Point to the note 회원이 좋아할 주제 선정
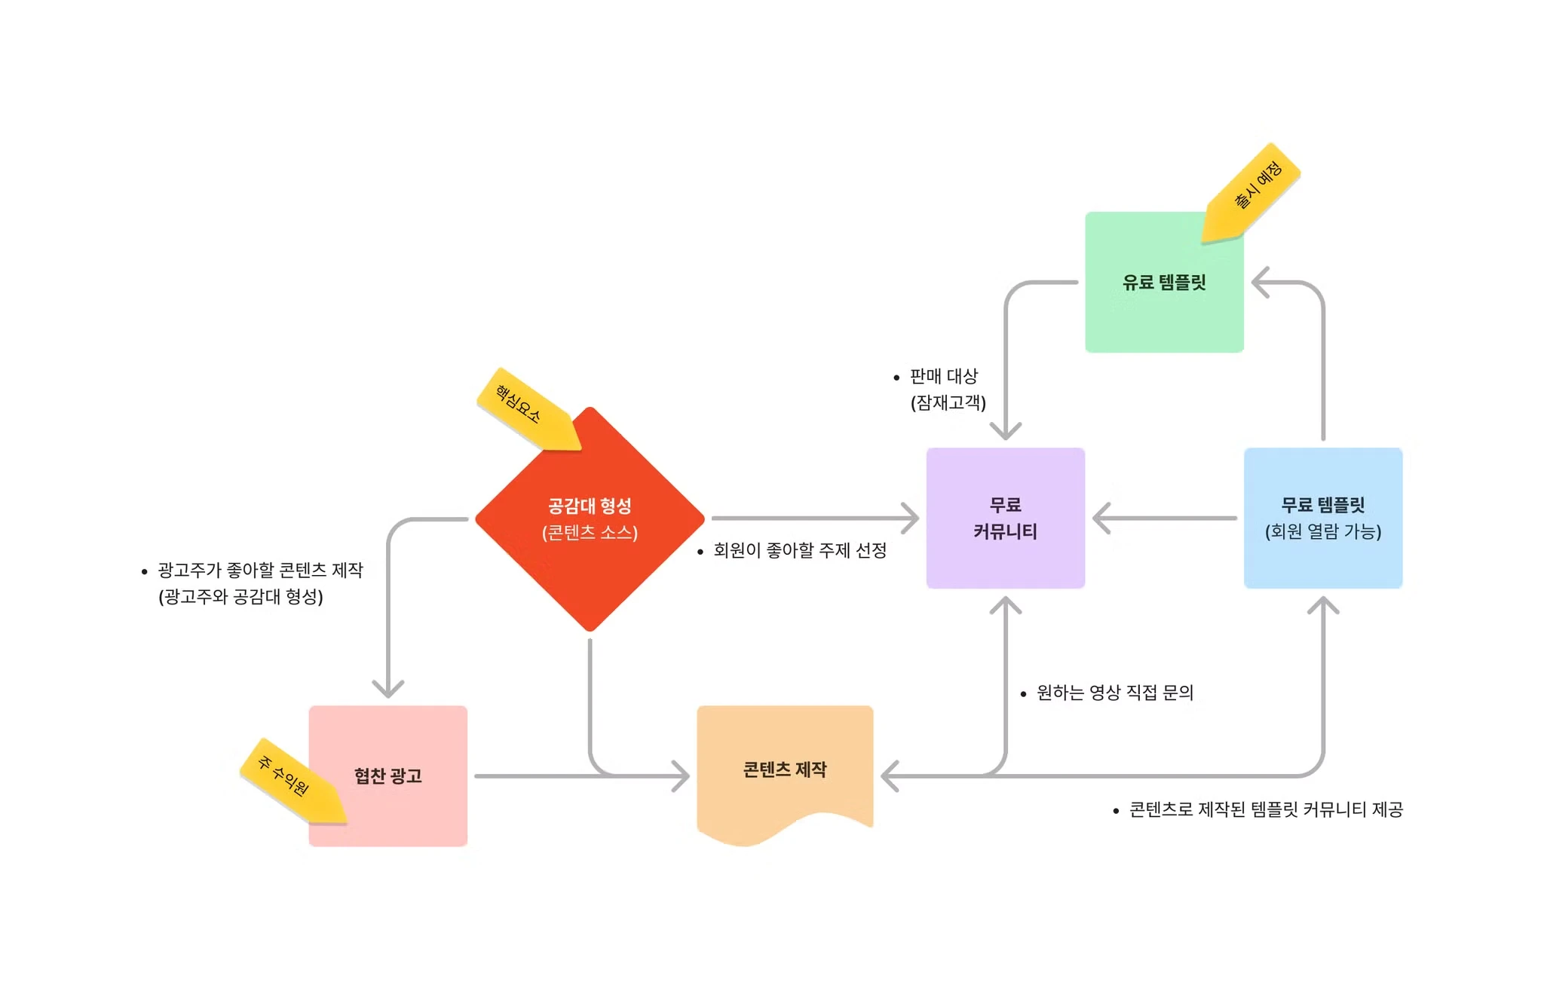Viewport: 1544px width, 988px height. tap(799, 550)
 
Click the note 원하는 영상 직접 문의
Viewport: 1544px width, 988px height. tap(1114, 693)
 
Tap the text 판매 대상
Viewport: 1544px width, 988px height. tap(943, 376)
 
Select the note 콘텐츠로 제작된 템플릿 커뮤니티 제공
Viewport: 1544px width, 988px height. tap(1265, 809)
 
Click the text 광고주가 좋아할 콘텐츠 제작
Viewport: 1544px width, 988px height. tap(260, 570)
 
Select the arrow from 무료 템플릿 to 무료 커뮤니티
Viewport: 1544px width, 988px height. tap(1165, 518)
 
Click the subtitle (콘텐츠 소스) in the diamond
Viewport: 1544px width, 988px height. tap(590, 532)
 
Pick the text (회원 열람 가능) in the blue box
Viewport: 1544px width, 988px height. tap(1322, 531)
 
